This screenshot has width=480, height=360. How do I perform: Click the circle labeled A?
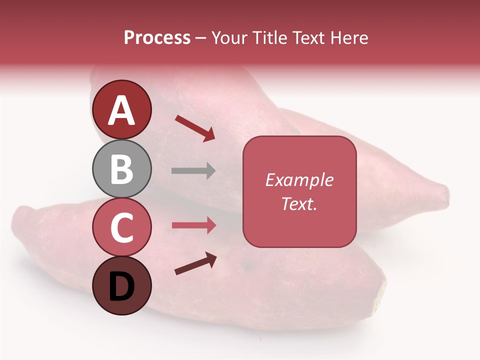(122, 109)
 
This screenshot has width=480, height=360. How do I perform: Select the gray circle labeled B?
(122, 168)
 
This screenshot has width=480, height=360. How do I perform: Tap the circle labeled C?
(122, 227)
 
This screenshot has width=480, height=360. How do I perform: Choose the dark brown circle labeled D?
(122, 286)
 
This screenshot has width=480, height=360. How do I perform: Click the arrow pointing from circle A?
(195, 128)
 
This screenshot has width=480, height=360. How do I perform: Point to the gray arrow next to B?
(194, 171)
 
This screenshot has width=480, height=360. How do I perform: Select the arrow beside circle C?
(194, 225)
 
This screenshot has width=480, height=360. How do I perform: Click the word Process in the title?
(157, 38)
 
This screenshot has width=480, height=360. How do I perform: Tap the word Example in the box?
(299, 180)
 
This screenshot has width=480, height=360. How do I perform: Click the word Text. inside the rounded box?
(299, 203)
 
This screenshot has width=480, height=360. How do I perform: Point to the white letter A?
(122, 110)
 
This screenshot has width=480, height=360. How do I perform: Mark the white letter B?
(122, 169)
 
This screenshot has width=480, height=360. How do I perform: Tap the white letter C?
(122, 228)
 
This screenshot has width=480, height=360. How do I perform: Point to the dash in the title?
(201, 38)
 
